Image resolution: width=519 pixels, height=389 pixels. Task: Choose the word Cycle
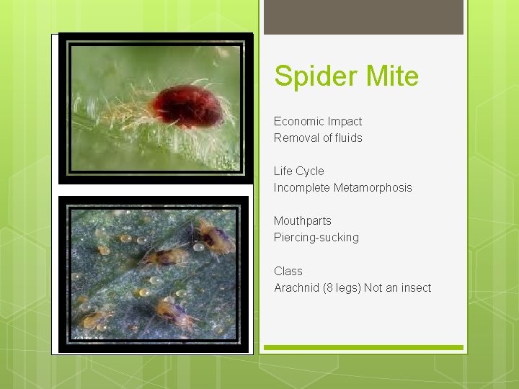[x=309, y=171]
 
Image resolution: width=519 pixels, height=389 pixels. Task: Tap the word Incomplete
[x=302, y=187]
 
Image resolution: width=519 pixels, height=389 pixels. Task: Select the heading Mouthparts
[x=302, y=220]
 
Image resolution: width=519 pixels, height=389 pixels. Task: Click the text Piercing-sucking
[x=316, y=237]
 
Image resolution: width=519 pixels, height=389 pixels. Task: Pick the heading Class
[x=288, y=271]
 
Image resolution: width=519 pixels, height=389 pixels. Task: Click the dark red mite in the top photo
[x=187, y=106]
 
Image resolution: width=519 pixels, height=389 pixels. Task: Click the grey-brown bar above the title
[x=363, y=17]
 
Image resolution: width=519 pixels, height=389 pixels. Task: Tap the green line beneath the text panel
[x=363, y=348]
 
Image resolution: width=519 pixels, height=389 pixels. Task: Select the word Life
[x=282, y=171]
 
